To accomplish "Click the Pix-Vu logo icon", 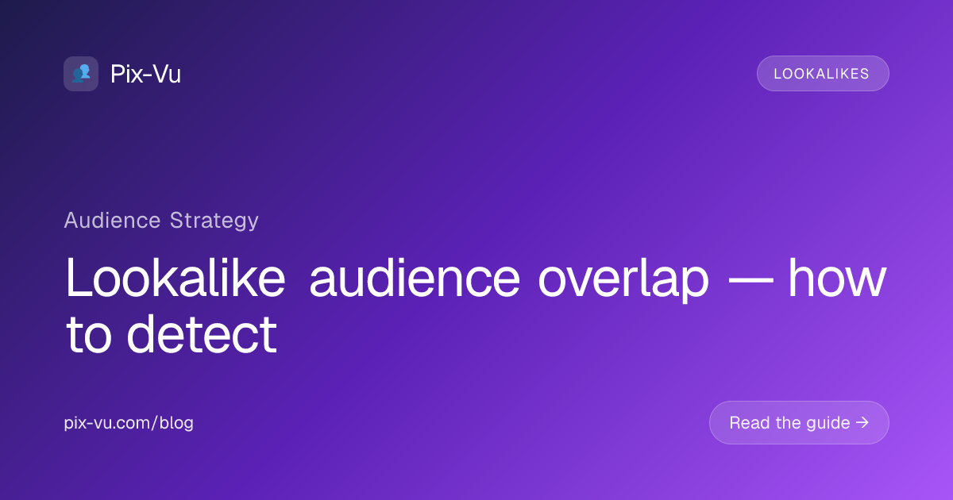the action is pyautogui.click(x=81, y=74).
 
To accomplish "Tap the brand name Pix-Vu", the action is pyautogui.click(x=146, y=74).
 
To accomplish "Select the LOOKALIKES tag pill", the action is pyautogui.click(x=823, y=74).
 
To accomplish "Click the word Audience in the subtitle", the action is pyautogui.click(x=112, y=221).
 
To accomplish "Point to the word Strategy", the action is pyautogui.click(x=214, y=221).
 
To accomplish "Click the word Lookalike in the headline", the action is pyautogui.click(x=176, y=279).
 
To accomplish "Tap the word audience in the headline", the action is pyautogui.click(x=415, y=279).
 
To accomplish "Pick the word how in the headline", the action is pyautogui.click(x=838, y=279).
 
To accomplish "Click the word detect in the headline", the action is pyautogui.click(x=202, y=334).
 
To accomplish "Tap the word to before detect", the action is pyautogui.click(x=88, y=335).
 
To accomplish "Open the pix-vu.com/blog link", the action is pyautogui.click(x=129, y=422).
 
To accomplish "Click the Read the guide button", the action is pyautogui.click(x=799, y=422).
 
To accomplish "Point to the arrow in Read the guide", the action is pyautogui.click(x=862, y=422).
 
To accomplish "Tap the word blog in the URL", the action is pyautogui.click(x=176, y=423).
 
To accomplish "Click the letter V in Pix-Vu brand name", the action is pyautogui.click(x=160, y=74).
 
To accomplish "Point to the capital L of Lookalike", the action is pyautogui.click(x=78, y=278).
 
